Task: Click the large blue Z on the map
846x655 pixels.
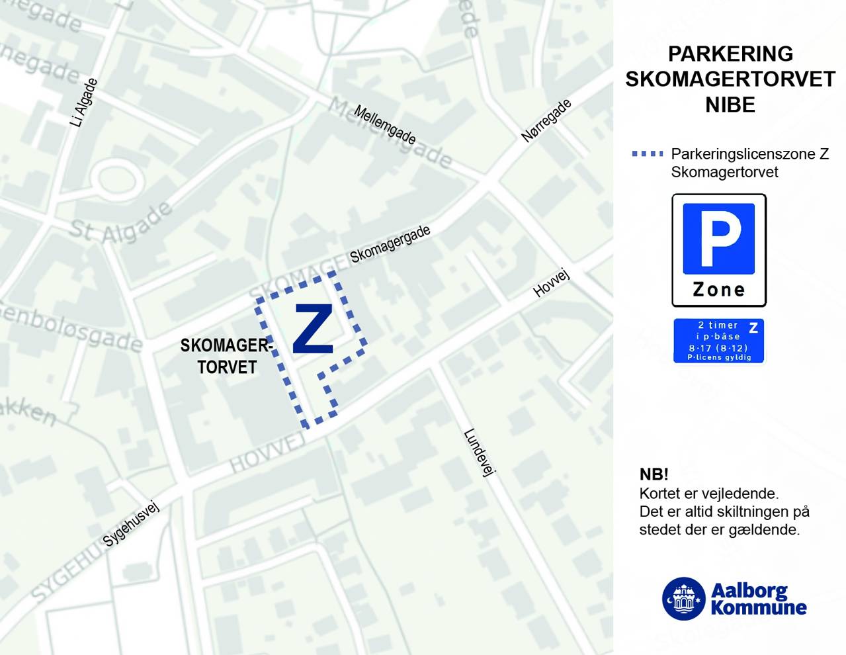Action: [312, 329]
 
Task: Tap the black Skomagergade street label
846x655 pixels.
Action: [390, 244]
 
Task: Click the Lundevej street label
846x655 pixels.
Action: [479, 453]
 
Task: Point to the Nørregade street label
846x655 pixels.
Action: [546, 121]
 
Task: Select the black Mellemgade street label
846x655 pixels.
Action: [384, 125]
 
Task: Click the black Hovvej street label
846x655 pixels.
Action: [551, 283]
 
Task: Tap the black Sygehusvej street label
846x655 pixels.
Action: [131, 525]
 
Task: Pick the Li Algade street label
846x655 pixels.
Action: [84, 103]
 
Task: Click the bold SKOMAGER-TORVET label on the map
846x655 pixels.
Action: [226, 356]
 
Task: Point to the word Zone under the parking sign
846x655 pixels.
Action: [719, 290]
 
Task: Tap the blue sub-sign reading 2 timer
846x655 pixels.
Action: [718, 341]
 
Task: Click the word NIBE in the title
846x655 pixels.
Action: [730, 105]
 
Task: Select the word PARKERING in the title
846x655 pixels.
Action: [730, 54]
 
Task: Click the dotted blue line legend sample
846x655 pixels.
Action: [647, 154]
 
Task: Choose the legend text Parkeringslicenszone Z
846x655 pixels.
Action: [749, 154]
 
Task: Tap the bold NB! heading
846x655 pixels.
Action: [654, 474]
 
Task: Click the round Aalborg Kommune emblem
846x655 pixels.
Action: [684, 599]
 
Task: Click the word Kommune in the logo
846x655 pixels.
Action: [759, 607]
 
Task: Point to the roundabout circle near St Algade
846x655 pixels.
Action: [116, 179]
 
